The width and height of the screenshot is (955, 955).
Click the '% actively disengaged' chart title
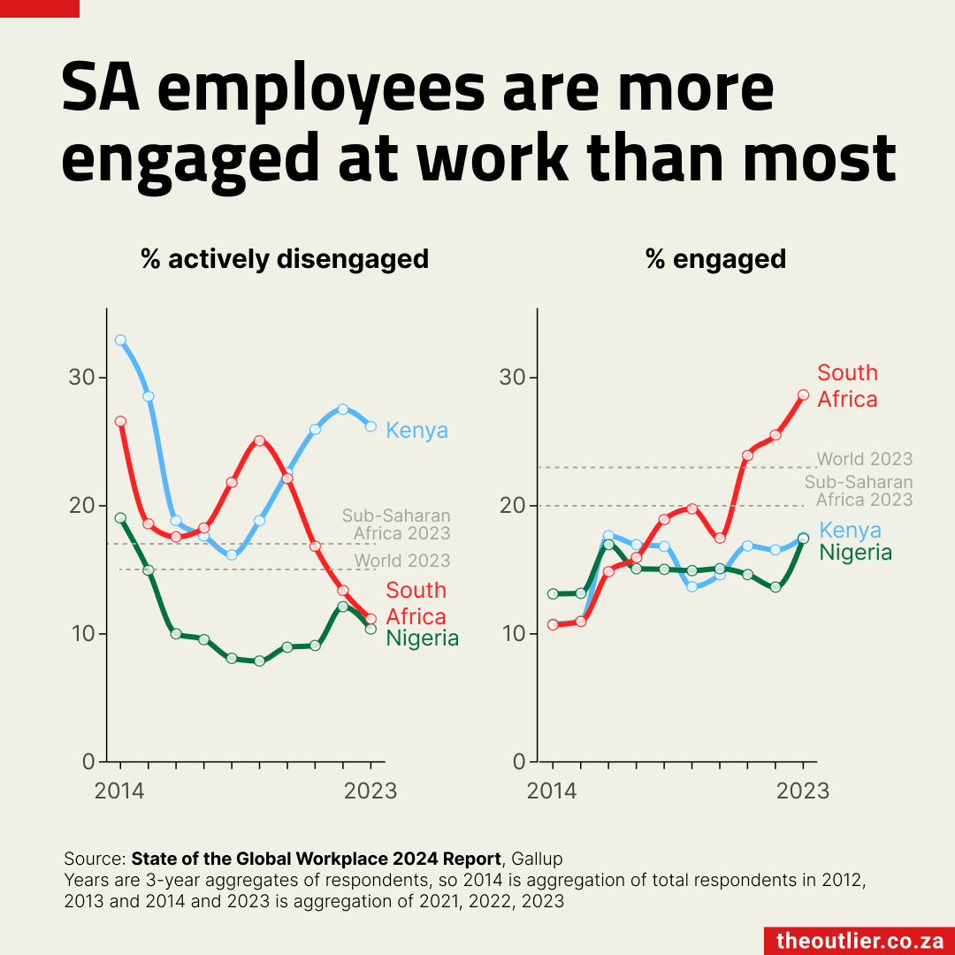285,259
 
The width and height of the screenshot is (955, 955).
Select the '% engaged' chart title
715,259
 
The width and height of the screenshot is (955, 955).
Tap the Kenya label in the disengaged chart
417,431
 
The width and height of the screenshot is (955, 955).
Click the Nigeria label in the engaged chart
855,553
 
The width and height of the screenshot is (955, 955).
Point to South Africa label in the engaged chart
847,386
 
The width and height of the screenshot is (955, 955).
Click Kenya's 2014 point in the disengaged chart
120,340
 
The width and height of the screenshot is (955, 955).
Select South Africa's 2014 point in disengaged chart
120,421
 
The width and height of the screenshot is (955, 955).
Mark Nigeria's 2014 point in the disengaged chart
120,518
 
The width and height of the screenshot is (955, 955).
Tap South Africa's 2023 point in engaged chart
803,395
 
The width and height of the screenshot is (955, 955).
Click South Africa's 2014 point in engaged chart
553,624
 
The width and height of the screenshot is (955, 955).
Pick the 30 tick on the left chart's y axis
81,378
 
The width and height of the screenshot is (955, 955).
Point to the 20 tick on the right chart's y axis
514,506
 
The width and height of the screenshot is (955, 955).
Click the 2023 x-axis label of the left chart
370,790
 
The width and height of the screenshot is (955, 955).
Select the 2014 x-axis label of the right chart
552,790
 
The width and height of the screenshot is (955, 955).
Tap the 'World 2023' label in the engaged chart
864,459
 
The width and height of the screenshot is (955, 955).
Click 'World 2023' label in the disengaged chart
402,561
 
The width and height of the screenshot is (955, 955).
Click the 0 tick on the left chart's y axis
88,761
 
